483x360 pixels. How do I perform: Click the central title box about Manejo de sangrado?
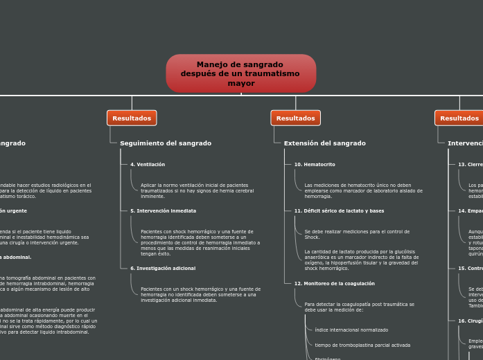240,73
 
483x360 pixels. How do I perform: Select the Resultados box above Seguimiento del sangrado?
132,118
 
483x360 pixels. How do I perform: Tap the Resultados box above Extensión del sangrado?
295,118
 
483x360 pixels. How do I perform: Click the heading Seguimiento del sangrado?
166,143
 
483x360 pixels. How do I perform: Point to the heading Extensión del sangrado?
324,143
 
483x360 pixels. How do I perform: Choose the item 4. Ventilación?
148,165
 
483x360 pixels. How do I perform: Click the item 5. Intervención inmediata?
163,210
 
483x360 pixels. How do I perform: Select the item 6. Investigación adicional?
163,268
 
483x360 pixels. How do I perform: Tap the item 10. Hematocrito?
315,165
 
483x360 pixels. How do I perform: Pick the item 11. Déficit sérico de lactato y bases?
339,210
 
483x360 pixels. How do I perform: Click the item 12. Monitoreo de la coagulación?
334,283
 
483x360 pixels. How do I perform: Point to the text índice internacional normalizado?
351,330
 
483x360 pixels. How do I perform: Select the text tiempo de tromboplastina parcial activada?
362,345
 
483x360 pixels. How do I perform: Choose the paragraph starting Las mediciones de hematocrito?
362,190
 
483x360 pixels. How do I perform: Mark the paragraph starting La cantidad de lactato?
361,260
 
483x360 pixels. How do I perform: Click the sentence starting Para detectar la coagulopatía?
359,307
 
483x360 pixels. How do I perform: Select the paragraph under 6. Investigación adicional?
200,294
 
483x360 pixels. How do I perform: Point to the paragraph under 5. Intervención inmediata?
200,242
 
